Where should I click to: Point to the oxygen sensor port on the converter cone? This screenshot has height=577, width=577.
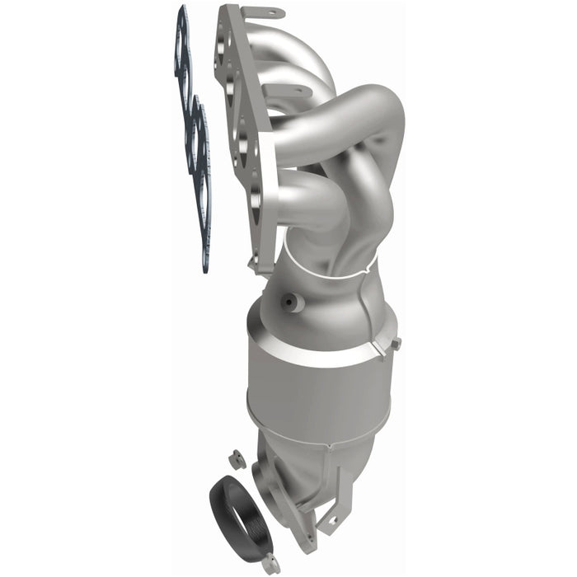tap(289, 303)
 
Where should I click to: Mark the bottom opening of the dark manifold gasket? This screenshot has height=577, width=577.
tap(203, 235)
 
